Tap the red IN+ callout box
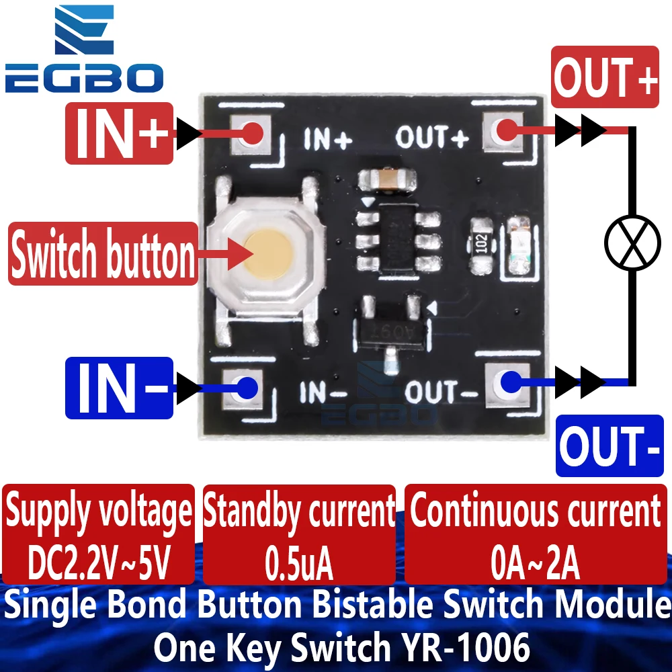(119, 133)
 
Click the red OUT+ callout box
(605, 77)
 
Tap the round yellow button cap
(267, 254)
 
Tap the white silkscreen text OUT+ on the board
(431, 138)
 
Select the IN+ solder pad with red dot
(251, 132)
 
